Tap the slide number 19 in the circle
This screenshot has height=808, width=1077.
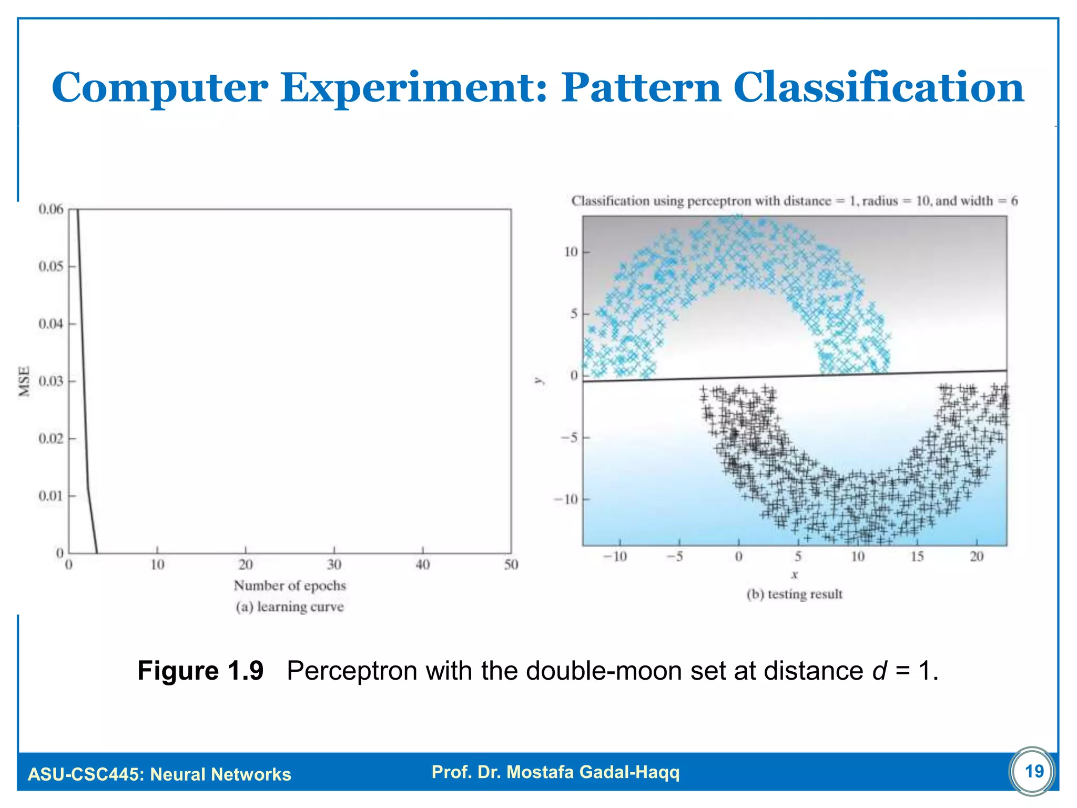[1034, 771]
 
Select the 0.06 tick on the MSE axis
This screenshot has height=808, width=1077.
[51, 209]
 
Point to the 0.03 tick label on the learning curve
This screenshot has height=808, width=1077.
[51, 381]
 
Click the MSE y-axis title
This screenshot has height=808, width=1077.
[24, 381]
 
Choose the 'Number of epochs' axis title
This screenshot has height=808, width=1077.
[290, 585]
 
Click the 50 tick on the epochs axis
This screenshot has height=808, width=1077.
[511, 565]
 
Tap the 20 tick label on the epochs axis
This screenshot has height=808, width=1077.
[246, 565]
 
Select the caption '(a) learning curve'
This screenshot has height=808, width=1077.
[290, 607]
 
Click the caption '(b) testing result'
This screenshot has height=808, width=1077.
[795, 594]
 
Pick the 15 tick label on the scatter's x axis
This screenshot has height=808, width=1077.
[917, 557]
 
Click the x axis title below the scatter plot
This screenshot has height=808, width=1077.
[795, 575]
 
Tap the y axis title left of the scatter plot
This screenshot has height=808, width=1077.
[538, 380]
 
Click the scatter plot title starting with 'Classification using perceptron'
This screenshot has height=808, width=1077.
[794, 201]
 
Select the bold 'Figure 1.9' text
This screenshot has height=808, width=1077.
[200, 671]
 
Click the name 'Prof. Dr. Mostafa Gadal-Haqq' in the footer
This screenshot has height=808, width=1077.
[555, 772]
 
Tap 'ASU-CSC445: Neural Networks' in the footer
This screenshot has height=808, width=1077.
[159, 774]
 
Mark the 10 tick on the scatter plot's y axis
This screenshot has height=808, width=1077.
[571, 252]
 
